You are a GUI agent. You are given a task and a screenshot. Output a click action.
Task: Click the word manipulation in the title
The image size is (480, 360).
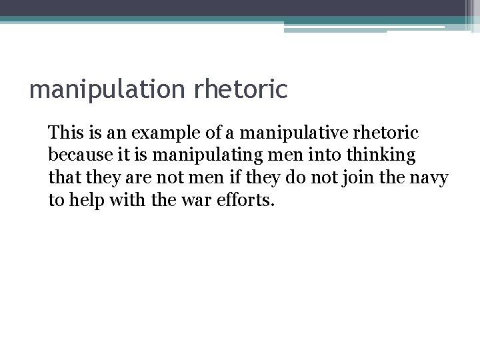(108, 89)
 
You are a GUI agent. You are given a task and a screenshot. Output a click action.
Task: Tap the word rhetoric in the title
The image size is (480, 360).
(241, 88)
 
